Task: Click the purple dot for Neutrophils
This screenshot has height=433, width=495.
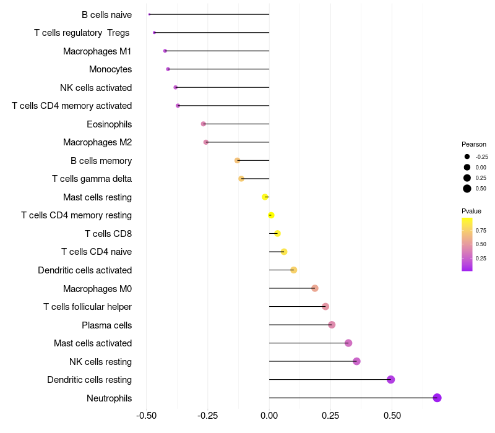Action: [437, 398]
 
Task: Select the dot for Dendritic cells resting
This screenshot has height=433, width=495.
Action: [390, 380]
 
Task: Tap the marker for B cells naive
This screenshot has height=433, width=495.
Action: [149, 14]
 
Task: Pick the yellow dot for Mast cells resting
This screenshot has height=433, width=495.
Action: [265, 197]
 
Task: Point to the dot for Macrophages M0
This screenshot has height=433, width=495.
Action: [314, 288]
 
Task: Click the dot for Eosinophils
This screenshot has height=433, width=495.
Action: [203, 124]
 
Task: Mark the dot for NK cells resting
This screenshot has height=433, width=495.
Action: [356, 361]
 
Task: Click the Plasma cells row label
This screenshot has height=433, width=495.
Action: [106, 325]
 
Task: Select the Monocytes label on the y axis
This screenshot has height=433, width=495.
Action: [110, 69]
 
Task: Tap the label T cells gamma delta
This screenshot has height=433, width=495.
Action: [92, 179]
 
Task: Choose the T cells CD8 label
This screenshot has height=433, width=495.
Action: [108, 234]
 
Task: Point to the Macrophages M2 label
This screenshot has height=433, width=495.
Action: [97, 142]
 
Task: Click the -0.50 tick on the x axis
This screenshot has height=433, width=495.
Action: [146, 415]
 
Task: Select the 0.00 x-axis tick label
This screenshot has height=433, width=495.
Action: [269, 415]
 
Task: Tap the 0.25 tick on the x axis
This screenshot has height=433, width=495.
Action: [330, 415]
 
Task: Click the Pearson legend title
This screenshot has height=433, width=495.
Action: [474, 144]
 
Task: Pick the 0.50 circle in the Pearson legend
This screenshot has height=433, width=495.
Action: [467, 189]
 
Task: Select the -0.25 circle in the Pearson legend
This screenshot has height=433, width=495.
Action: [467, 157]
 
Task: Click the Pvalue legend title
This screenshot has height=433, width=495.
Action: [471, 211]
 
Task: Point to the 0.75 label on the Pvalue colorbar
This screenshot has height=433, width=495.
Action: [481, 230]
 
